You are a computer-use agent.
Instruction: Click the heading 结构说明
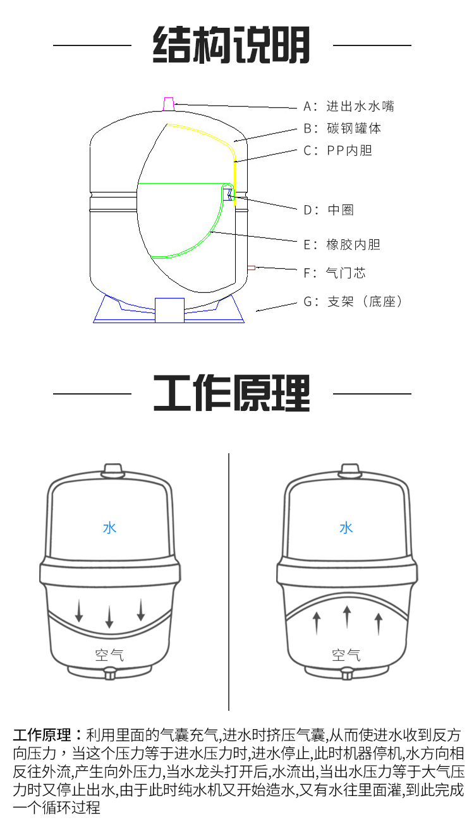(x=231, y=45)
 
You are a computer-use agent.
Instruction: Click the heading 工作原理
(x=231, y=393)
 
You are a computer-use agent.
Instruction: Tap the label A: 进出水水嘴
(x=349, y=106)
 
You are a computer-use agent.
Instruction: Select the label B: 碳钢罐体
(x=343, y=128)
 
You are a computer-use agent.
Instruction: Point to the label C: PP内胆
(x=338, y=150)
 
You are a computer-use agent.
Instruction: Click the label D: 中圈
(x=329, y=210)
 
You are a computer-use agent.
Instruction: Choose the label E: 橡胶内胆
(x=342, y=244)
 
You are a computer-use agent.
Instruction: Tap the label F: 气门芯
(x=334, y=273)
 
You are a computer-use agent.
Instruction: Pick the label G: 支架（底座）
(x=353, y=301)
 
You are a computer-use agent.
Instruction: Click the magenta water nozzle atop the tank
(x=169, y=104)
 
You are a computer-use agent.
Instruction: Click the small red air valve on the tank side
(x=252, y=268)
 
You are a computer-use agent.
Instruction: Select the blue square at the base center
(x=169, y=310)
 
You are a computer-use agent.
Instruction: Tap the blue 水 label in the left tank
(x=110, y=528)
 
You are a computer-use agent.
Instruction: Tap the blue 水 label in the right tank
(x=346, y=528)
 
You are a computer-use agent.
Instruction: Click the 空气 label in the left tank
(x=109, y=655)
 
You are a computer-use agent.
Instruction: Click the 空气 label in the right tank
(x=346, y=655)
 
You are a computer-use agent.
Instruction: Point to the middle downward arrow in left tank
(x=109, y=617)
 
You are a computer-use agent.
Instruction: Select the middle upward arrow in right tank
(x=347, y=617)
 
